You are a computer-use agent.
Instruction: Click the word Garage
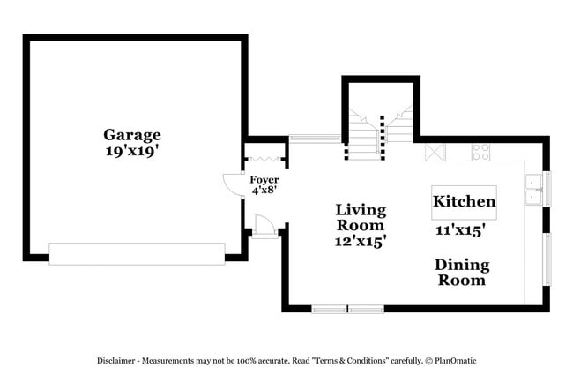pyautogui.click(x=132, y=135)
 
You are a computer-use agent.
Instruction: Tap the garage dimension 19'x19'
pyautogui.click(x=132, y=151)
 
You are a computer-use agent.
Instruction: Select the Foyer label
pyautogui.click(x=264, y=179)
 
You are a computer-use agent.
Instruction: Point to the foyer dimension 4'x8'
pyautogui.click(x=264, y=190)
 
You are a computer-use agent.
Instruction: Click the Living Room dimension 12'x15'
pyautogui.click(x=361, y=239)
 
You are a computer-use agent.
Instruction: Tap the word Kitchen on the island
pyautogui.click(x=464, y=202)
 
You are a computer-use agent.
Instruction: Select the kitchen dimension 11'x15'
pyautogui.click(x=460, y=230)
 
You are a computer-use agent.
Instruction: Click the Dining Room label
pyautogui.click(x=462, y=273)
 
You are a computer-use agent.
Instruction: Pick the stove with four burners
pyautogui.click(x=480, y=152)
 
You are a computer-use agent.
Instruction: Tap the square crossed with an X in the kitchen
pyautogui.click(x=435, y=152)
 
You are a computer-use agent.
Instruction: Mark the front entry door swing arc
pyautogui.click(x=234, y=183)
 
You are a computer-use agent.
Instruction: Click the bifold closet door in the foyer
pyautogui.click(x=264, y=160)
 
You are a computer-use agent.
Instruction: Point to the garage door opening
pyautogui.click(x=137, y=255)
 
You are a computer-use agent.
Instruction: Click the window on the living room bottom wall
pyautogui.click(x=347, y=309)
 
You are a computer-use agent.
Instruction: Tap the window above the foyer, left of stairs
pyautogui.click(x=315, y=138)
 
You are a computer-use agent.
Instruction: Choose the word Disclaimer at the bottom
pyautogui.click(x=119, y=361)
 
